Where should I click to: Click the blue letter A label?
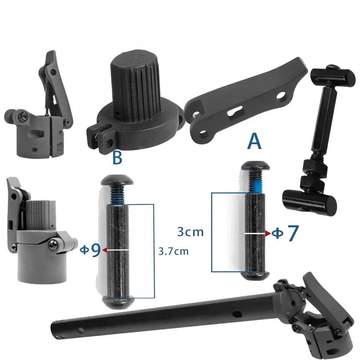[254, 142]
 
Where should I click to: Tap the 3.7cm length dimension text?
[174, 251]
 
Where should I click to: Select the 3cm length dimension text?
[190, 232]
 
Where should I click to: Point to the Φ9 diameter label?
[90, 250]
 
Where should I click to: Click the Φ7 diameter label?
[285, 233]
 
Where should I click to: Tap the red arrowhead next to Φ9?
[104, 250]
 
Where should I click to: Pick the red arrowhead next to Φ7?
[267, 233]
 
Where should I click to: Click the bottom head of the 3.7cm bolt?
[118, 301]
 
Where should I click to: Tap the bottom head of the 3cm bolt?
[256, 276]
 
